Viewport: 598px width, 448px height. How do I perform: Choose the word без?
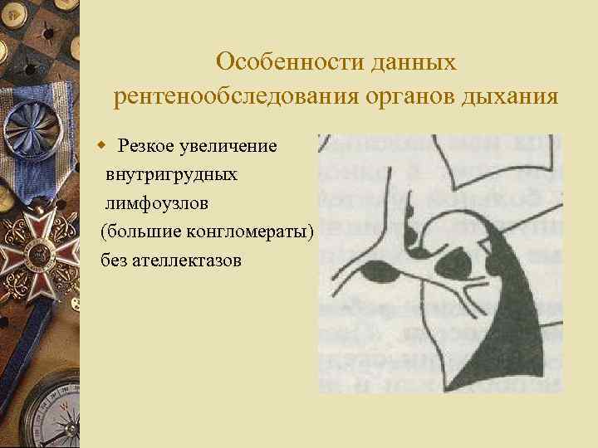coord(115,261)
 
